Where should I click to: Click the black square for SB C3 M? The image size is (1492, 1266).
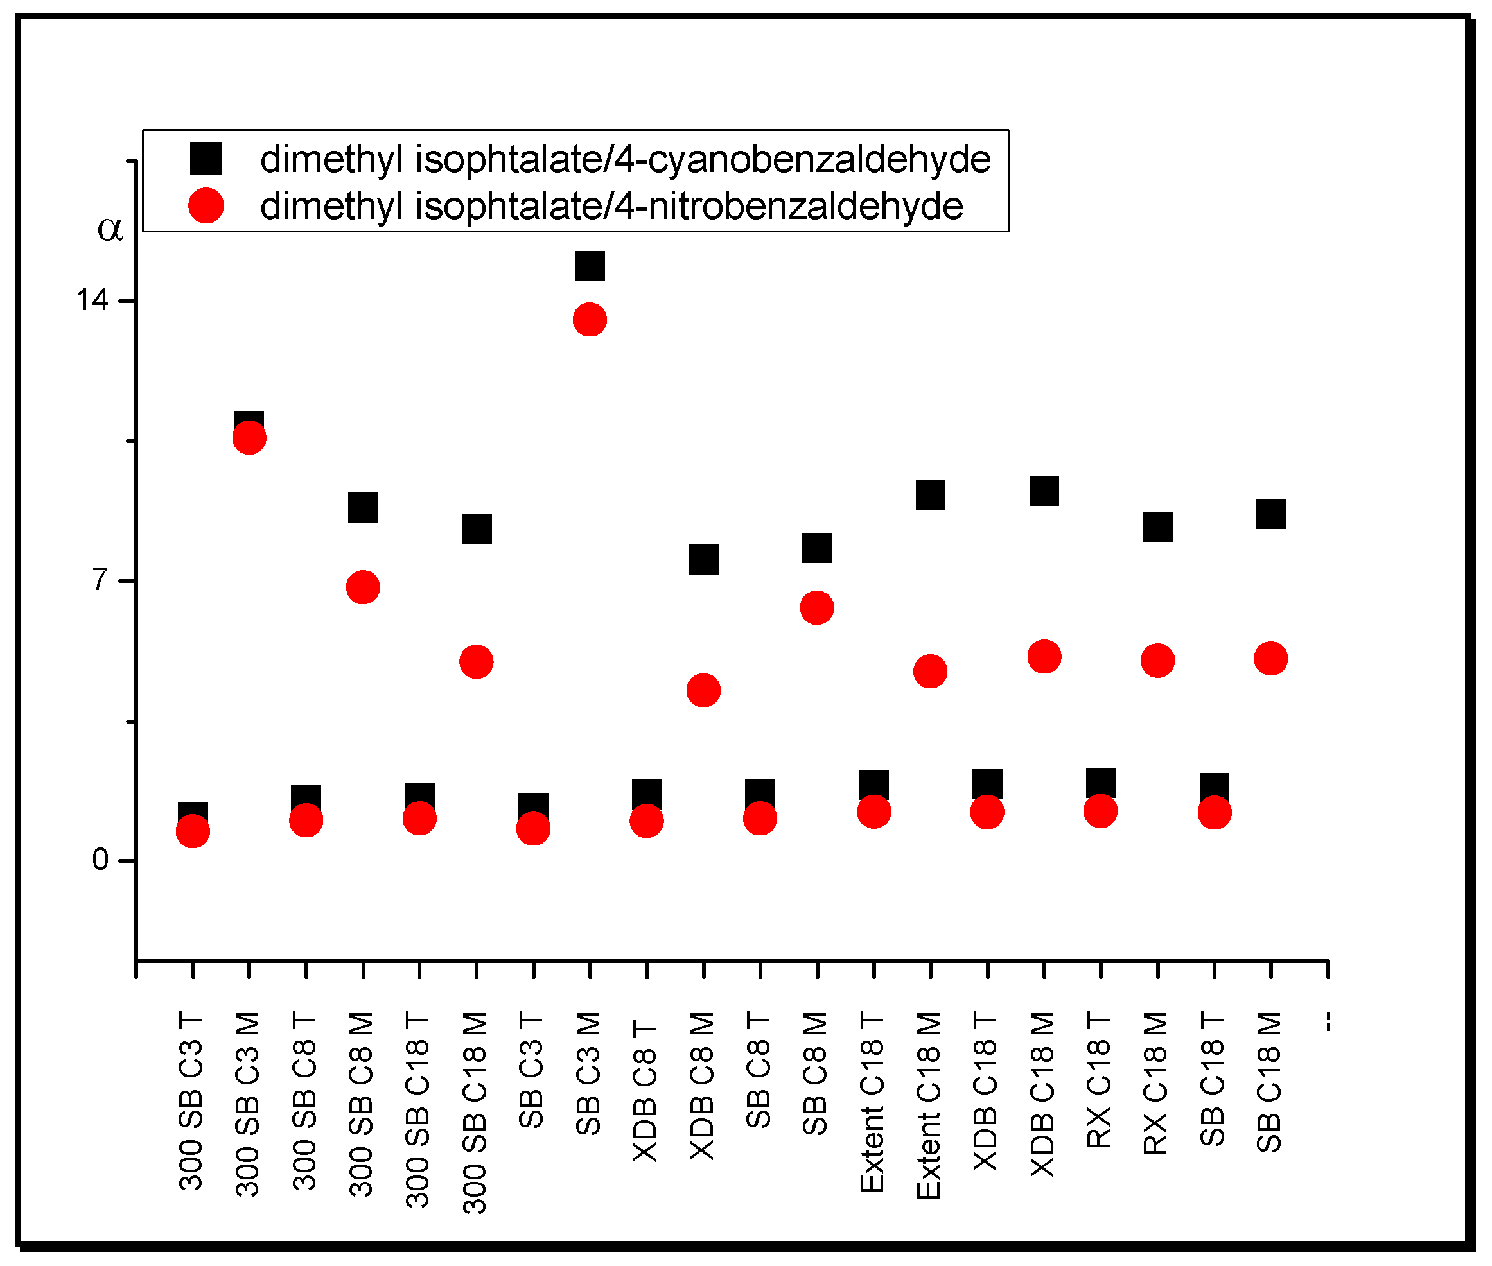point(590,266)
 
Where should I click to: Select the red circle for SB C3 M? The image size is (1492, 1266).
point(590,319)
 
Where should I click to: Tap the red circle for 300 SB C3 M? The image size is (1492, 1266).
point(249,438)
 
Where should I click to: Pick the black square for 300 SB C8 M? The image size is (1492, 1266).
point(363,507)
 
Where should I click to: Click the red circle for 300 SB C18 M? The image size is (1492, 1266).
point(476,661)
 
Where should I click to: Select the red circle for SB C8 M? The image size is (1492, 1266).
point(816,608)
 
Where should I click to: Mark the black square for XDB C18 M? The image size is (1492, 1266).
point(1044,491)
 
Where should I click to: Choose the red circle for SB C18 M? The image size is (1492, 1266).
point(1270,658)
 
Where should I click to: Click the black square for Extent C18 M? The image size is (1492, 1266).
point(930,495)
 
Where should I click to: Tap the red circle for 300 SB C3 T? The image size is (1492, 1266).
point(193,831)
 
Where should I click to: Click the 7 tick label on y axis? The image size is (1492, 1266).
point(100,579)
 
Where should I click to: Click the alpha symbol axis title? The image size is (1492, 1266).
point(110,229)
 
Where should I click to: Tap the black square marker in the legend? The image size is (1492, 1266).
point(206,158)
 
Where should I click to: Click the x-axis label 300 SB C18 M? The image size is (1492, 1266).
point(475,1113)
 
